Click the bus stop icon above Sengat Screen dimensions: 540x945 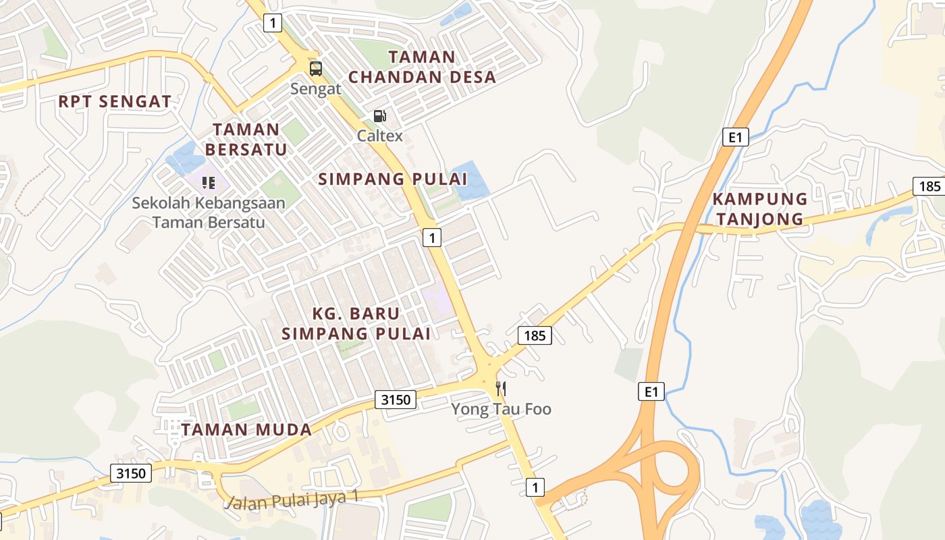point(315,68)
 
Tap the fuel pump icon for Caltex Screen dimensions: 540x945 point(380,117)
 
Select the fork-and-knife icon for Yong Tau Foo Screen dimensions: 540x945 point(501,389)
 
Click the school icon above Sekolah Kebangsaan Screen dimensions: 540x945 point(209,182)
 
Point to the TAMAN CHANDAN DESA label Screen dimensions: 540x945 point(422,67)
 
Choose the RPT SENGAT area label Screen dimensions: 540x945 point(115,102)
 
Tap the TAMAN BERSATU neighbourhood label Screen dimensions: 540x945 point(246,139)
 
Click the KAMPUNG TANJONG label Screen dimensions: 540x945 point(760,209)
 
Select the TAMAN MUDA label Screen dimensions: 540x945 point(246,429)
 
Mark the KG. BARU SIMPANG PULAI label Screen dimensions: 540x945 point(356,323)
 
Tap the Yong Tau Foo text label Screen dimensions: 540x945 point(501,409)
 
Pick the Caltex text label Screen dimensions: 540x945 point(380,136)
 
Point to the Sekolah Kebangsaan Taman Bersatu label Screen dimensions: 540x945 point(209,212)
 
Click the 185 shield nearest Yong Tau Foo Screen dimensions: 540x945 point(535,335)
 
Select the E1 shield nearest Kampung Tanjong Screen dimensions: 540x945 point(735,137)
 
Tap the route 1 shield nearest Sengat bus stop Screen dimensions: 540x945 point(272,24)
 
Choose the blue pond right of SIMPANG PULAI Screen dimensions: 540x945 point(470,182)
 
